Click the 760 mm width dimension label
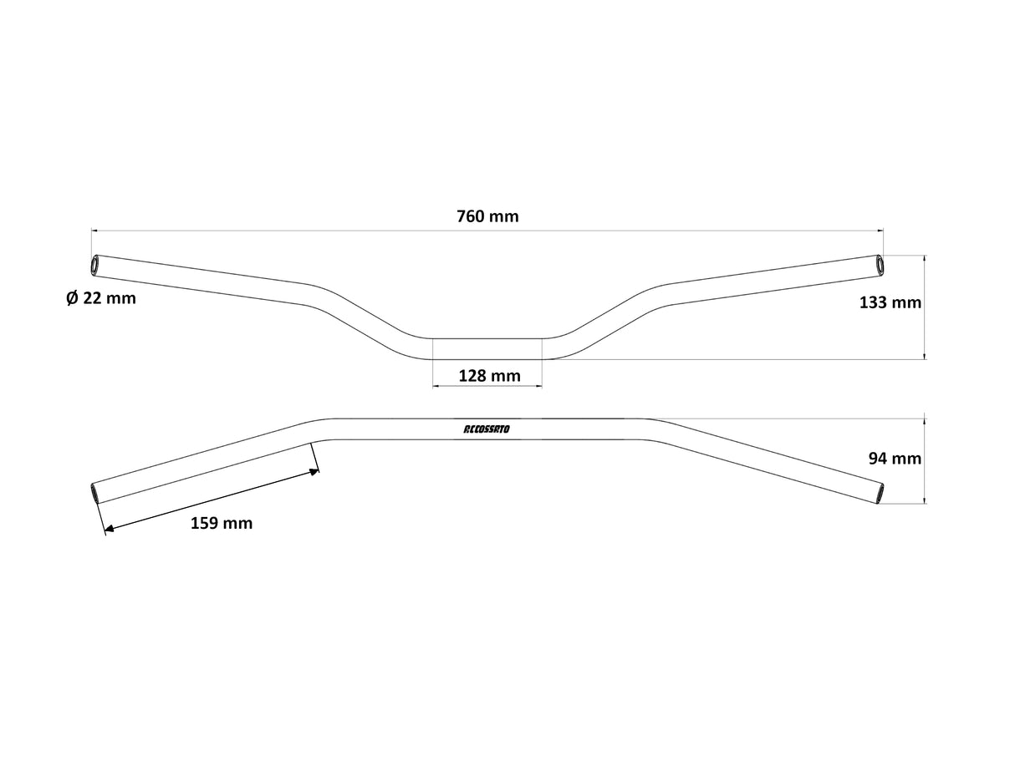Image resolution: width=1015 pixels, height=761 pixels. click(487, 216)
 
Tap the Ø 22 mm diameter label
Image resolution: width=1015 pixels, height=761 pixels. click(100, 297)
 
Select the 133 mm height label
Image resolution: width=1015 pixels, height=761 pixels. click(890, 302)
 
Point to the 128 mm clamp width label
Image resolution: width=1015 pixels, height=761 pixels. click(489, 376)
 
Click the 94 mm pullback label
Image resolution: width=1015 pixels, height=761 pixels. click(895, 458)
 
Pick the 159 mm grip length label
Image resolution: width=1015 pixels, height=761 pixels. click(222, 524)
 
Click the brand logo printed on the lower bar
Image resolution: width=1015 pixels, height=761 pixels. click(491, 429)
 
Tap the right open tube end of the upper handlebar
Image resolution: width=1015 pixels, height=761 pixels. click(879, 264)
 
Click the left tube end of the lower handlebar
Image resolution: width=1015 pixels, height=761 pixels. click(94, 493)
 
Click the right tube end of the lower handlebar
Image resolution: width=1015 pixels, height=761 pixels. click(880, 493)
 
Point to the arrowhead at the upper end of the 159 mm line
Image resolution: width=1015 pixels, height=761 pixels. click(314, 472)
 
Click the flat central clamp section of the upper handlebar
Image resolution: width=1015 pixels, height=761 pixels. click(487, 349)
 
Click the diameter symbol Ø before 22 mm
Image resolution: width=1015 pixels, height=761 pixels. click(72, 297)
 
